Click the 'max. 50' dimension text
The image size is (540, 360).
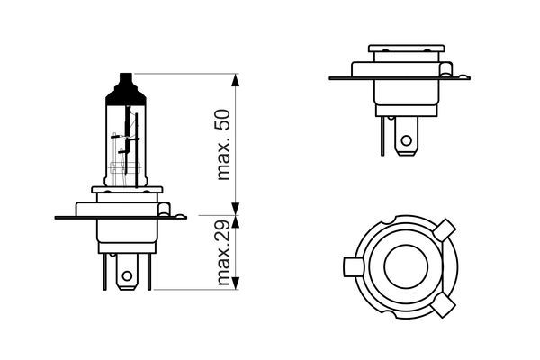coord(224,145)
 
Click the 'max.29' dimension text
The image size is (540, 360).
coord(224,253)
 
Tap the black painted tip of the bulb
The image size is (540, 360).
coord(126,89)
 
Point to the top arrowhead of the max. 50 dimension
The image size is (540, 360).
coord(235,80)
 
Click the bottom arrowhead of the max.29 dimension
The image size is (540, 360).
coord(235,283)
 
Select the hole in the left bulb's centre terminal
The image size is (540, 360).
coord(127,275)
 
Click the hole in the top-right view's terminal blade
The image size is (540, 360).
coord(407,140)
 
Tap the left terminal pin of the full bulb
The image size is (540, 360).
coord(104,272)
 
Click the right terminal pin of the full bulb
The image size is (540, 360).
coord(149,272)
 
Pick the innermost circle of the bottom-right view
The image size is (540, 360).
coord(406,266)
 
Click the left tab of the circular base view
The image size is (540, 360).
coord(354,266)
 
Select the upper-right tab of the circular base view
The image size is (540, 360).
coord(445,229)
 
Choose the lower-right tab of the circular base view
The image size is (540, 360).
coord(445,305)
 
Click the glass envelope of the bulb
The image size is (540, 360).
coord(126,145)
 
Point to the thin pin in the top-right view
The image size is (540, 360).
coord(382,136)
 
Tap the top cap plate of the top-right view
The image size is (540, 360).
coord(407,49)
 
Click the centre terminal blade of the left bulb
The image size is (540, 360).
coord(127,272)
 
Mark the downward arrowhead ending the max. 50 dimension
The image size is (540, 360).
coord(235,209)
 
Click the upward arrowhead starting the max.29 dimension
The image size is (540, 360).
coord(235,222)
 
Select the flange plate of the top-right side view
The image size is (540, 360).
coord(400,78)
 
